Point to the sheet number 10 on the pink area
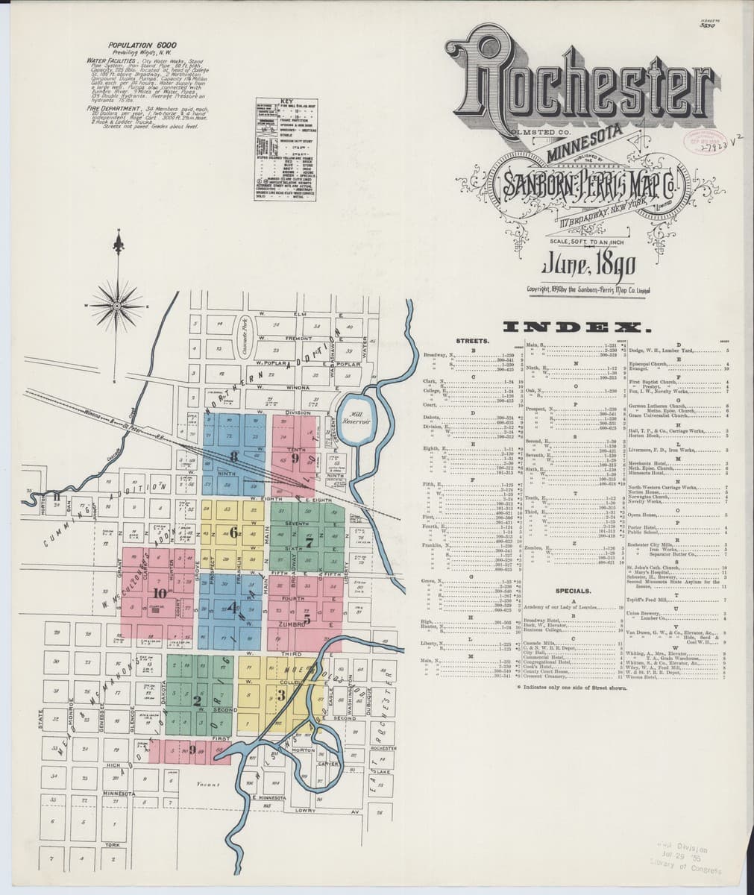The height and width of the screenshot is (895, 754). click(160, 593)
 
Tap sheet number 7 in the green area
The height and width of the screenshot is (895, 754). click(307, 522)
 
